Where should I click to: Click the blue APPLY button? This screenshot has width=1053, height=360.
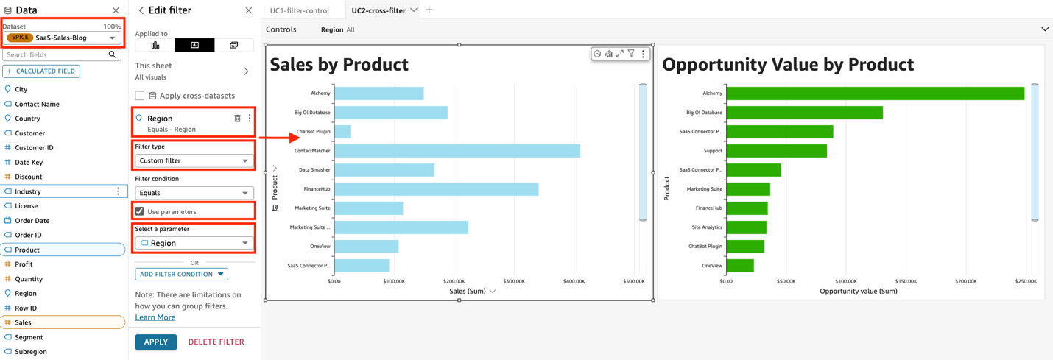(155, 342)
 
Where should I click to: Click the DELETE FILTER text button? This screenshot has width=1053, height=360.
(216, 342)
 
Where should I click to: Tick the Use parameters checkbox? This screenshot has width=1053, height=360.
(140, 211)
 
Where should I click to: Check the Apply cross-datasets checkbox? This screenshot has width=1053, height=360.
(140, 96)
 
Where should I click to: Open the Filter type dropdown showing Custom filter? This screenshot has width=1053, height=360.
(194, 160)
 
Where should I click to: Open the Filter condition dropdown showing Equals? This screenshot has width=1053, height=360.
(194, 193)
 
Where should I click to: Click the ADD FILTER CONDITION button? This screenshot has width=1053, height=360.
(181, 274)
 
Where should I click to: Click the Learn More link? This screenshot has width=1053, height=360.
(155, 317)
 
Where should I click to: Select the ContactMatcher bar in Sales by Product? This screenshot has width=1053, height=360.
(457, 151)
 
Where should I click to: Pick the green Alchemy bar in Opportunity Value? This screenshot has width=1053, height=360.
(875, 93)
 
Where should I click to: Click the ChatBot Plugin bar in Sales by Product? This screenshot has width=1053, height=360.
(342, 132)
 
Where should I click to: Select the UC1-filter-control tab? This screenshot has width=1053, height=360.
(300, 10)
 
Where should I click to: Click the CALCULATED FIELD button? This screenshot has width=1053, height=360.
(41, 71)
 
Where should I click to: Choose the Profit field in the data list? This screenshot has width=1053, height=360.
(24, 264)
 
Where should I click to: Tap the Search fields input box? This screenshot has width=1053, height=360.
(55, 54)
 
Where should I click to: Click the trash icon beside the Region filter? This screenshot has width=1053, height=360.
(237, 119)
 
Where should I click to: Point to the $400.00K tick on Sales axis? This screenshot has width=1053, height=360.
(574, 281)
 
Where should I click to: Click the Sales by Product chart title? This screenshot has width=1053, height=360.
(339, 65)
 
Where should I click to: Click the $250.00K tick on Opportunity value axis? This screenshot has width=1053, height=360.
(1025, 281)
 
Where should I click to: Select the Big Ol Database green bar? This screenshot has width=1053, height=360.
(804, 113)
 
